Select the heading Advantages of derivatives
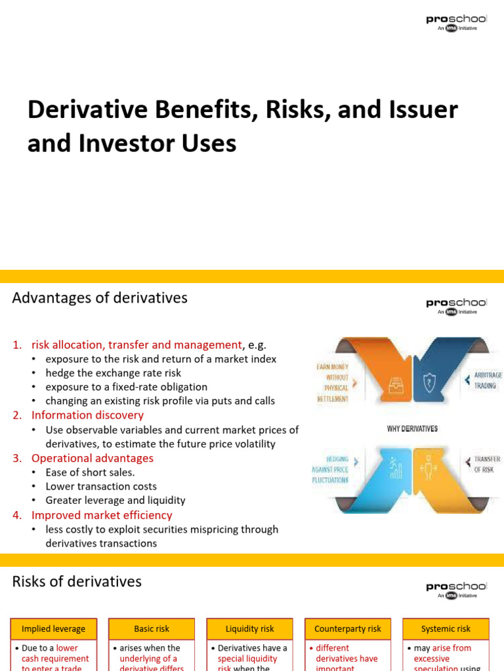(x=100, y=298)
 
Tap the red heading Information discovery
(x=87, y=415)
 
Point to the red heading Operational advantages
(x=92, y=458)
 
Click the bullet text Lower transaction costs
(x=101, y=486)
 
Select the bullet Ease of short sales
(x=90, y=472)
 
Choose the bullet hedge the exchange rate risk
(x=113, y=373)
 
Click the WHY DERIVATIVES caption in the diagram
(x=412, y=429)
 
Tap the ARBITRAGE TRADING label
(x=488, y=380)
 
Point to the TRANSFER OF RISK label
(x=487, y=464)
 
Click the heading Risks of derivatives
(x=77, y=582)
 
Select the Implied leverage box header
(x=54, y=629)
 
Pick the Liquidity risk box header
(x=250, y=629)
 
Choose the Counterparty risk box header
(x=348, y=629)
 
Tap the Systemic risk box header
(x=446, y=629)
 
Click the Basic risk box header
(x=152, y=629)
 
